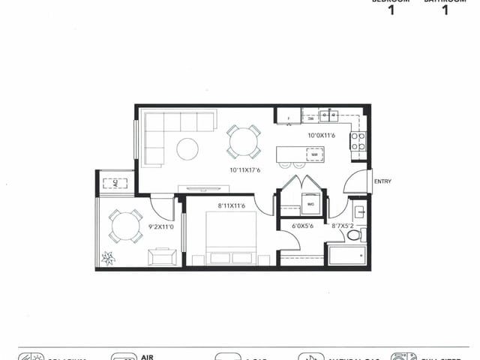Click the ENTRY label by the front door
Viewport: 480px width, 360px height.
[x=382, y=181]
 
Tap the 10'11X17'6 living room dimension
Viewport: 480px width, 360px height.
[x=246, y=170]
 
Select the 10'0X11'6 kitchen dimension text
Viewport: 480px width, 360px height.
[x=322, y=136]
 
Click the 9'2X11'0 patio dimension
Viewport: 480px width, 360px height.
[x=161, y=226]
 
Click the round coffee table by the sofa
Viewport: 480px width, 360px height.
[x=187, y=148]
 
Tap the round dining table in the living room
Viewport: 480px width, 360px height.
[x=244, y=140]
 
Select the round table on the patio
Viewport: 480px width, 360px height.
[x=126, y=225]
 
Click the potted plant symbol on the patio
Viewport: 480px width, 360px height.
[x=109, y=257]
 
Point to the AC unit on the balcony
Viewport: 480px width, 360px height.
[x=115, y=182]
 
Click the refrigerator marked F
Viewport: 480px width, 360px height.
[x=289, y=117]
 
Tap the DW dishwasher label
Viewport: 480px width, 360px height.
[x=310, y=118]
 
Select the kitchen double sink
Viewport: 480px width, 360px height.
[x=328, y=115]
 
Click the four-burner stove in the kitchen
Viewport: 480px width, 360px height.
[x=358, y=140]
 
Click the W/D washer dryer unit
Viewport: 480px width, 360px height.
[x=310, y=203]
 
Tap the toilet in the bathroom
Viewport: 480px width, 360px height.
[x=355, y=235]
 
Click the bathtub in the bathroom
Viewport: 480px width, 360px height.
[x=346, y=256]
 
